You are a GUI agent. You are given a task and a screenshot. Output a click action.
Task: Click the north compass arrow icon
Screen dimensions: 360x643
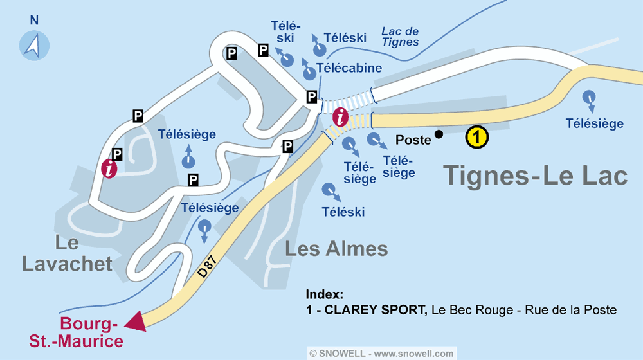[x=34, y=44]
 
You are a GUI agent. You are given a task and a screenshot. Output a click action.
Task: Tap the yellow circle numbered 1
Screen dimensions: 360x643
[x=476, y=137]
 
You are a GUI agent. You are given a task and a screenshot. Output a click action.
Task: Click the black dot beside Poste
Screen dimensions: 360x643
[x=439, y=134]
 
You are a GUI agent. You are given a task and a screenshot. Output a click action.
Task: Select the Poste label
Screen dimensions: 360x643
[x=413, y=140]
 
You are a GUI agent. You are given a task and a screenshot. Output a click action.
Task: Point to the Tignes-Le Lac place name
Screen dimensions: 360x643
[x=536, y=175]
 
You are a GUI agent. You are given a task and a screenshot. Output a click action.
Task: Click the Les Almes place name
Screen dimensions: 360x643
[x=336, y=249]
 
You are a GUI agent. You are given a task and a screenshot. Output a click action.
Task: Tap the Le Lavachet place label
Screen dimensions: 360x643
[x=67, y=253]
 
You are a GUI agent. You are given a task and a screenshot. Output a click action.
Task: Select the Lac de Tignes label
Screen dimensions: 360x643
[x=400, y=37]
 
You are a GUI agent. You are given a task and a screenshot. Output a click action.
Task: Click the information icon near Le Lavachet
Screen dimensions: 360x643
[x=110, y=168]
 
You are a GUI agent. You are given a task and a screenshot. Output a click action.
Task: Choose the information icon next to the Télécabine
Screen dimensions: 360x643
[x=340, y=118]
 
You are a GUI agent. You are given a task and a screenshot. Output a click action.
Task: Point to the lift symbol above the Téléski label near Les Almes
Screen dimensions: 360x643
[x=329, y=191]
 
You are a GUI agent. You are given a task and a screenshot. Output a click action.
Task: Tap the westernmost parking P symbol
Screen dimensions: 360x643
[x=117, y=154]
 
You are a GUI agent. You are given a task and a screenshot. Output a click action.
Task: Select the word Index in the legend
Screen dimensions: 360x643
[x=325, y=294]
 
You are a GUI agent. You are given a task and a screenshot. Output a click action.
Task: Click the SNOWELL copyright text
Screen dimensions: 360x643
[x=382, y=353]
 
